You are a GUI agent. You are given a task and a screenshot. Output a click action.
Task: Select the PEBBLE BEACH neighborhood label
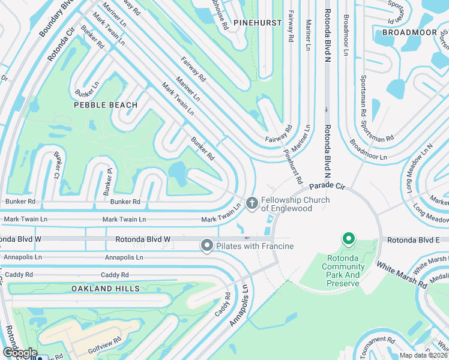point(106,105)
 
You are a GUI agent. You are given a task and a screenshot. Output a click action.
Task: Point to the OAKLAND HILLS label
point(106,289)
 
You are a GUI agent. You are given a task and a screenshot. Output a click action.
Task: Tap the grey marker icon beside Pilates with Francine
point(207,245)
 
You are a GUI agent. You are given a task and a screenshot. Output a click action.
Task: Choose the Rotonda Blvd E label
point(414,239)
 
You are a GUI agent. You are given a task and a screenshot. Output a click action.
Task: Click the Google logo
point(19,353)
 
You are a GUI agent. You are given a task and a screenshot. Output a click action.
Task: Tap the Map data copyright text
point(424,355)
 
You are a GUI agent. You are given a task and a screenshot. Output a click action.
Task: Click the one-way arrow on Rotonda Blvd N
point(326,109)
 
